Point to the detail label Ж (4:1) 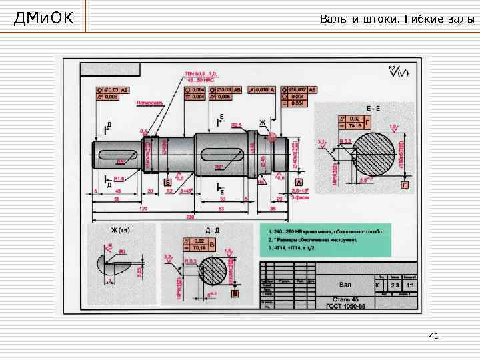(121, 230)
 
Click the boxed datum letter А (299, 181)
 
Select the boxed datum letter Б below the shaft (167, 181)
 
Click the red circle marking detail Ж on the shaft (273, 138)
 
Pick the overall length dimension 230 (189, 217)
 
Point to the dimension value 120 (142, 208)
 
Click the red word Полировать (148, 103)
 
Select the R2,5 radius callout (237, 125)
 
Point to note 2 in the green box (313, 238)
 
